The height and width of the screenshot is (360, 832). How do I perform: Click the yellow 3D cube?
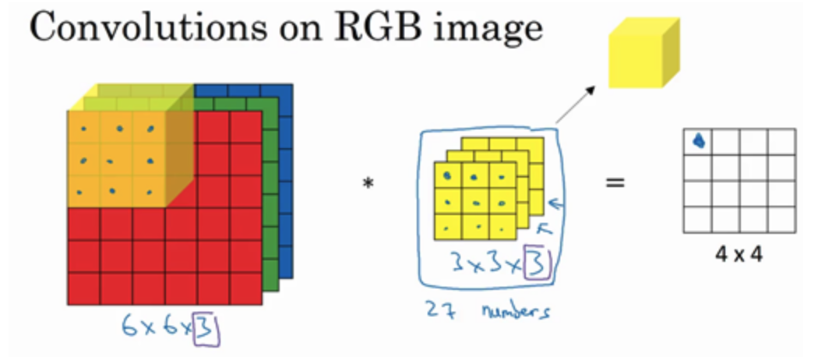pyautogui.click(x=643, y=52)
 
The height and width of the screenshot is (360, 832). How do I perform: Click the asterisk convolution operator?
pyautogui.click(x=368, y=184)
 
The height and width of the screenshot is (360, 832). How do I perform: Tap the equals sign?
pyautogui.click(x=615, y=183)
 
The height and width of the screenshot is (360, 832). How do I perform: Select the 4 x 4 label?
pyautogui.click(x=739, y=255)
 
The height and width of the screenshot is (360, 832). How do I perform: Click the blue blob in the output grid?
pyautogui.click(x=700, y=141)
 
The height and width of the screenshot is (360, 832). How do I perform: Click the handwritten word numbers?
pyautogui.click(x=515, y=310)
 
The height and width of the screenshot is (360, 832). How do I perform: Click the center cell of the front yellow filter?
pyautogui.click(x=475, y=202)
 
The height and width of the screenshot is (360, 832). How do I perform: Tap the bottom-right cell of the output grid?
pyautogui.click(x=781, y=220)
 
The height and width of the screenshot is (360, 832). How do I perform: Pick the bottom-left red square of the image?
pyautogui.click(x=84, y=289)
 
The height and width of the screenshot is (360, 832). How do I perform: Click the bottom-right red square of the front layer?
pyautogui.click(x=245, y=289)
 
